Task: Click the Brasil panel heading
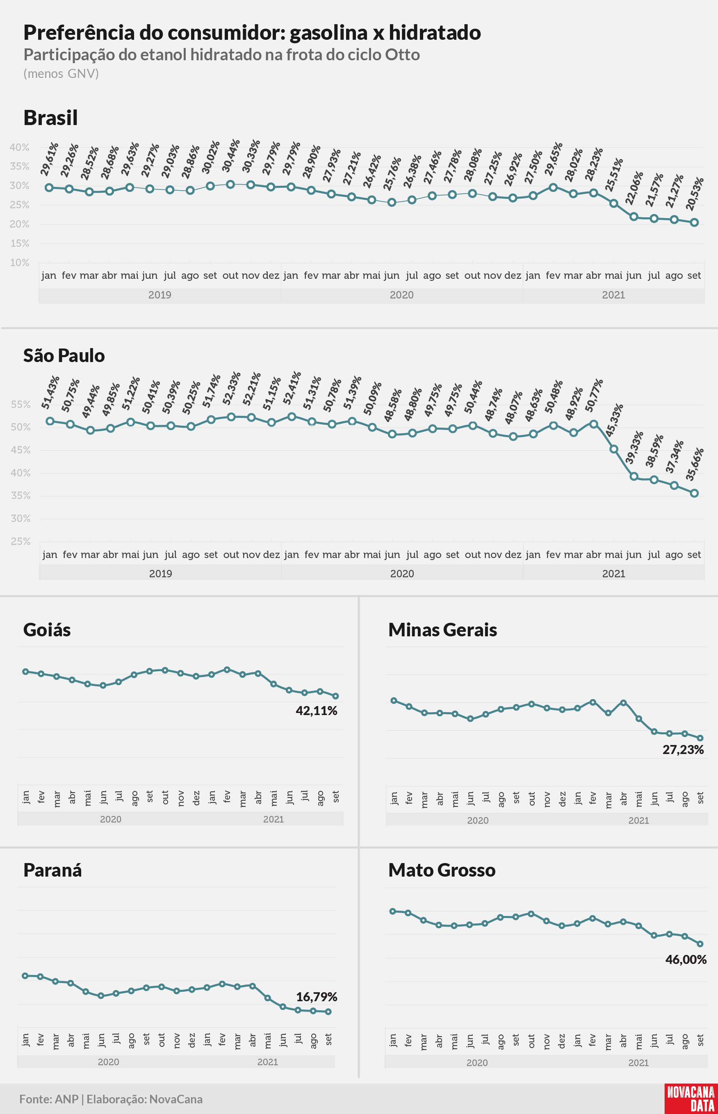[x=50, y=117]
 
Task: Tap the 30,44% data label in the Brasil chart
[x=231, y=156]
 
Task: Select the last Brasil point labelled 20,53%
[x=694, y=222]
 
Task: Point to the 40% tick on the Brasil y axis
[x=20, y=147]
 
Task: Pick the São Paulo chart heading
[x=64, y=355]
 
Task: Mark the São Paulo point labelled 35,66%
[x=694, y=493]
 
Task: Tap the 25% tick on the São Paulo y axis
[x=21, y=542]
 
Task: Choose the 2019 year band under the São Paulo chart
[x=160, y=573]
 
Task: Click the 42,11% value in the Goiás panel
[x=317, y=711]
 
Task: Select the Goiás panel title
[x=47, y=630]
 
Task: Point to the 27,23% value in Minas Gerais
[x=683, y=750]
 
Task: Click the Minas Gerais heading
[x=442, y=630]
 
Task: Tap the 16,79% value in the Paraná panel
[x=317, y=997]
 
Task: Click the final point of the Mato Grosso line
[x=700, y=944]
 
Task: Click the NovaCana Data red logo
[x=691, y=1098]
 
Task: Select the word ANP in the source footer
[x=67, y=1099]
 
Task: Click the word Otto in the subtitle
[x=402, y=55]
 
